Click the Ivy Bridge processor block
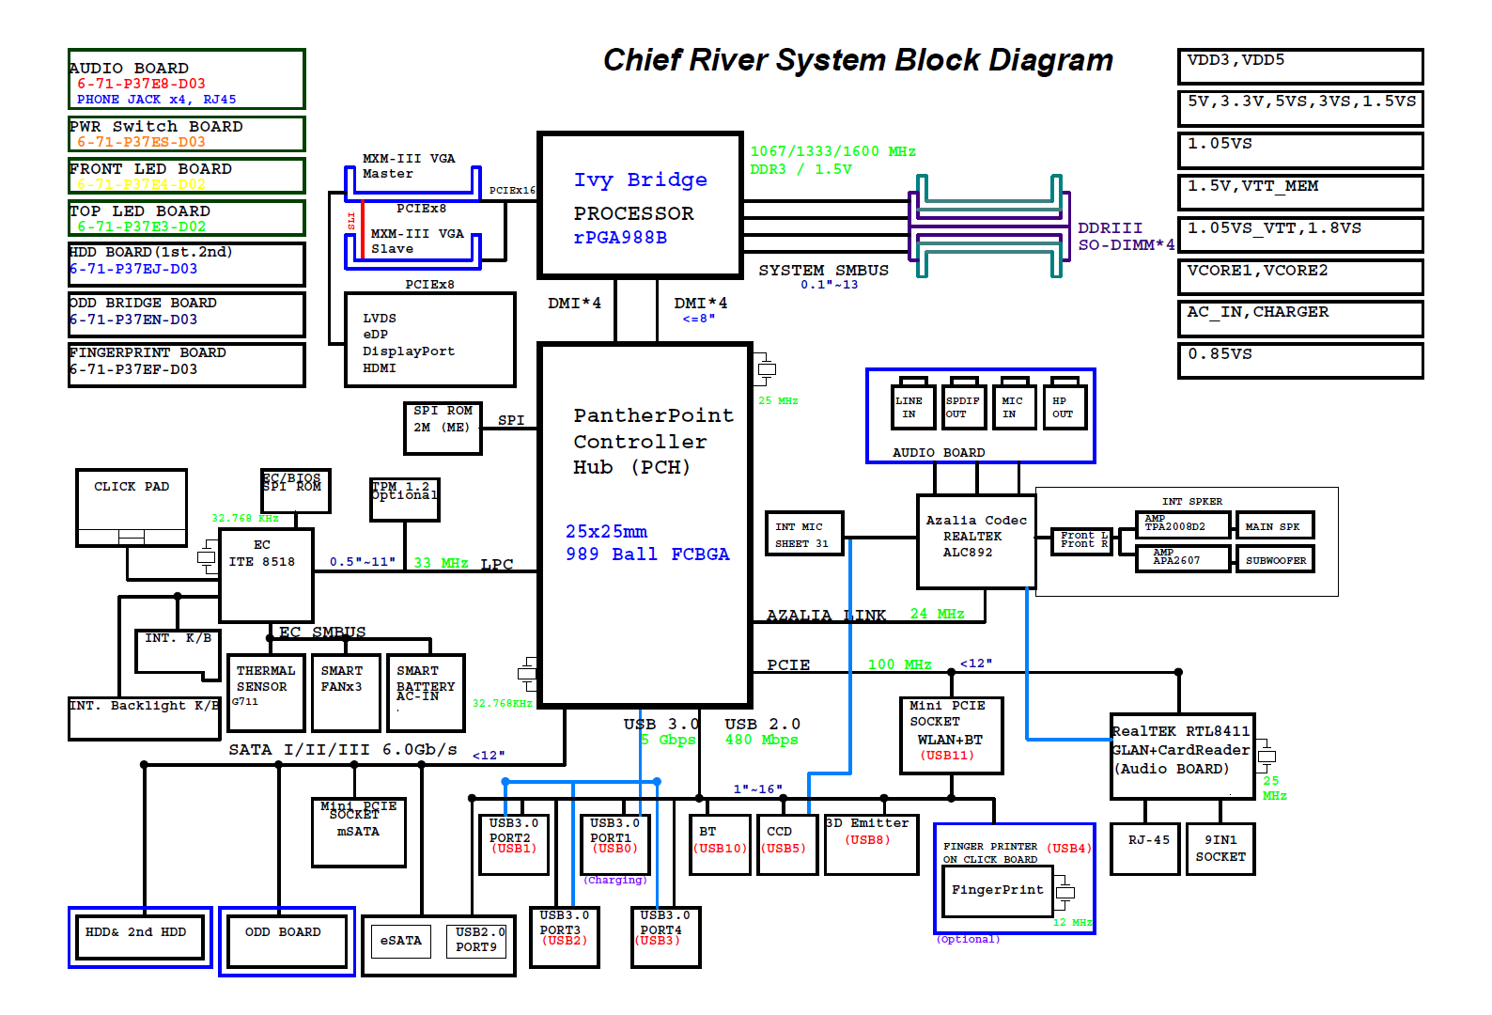pyautogui.click(x=640, y=206)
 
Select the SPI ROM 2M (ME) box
pyautogui.click(x=442, y=428)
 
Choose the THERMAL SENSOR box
pyautogui.click(x=266, y=693)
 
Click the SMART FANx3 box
pyautogui.click(x=345, y=693)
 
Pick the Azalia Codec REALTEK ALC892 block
pyautogui.click(x=976, y=541)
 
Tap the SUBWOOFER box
pyautogui.click(x=1275, y=560)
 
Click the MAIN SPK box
pyautogui.click(x=1274, y=525)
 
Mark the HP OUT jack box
pyautogui.click(x=1064, y=407)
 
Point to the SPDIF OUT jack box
pyautogui.click(x=964, y=407)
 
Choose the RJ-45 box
pyautogui.click(x=1144, y=849)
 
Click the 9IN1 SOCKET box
pyautogui.click(x=1220, y=849)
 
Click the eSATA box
pyautogui.click(x=401, y=941)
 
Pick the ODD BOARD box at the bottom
pyautogui.click(x=287, y=941)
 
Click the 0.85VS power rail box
pyautogui.click(x=1299, y=360)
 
